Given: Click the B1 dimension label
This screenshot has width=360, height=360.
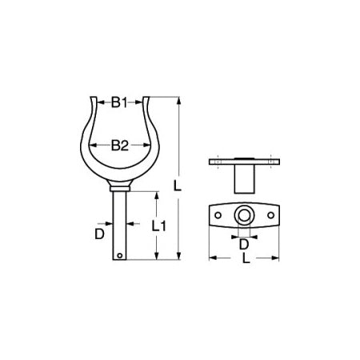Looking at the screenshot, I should coord(119,102).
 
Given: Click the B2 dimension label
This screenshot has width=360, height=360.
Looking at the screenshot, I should coord(119,146).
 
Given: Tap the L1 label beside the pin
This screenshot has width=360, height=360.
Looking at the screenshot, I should coord(158,226).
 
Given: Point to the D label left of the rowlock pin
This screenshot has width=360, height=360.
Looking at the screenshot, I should coord(99,234).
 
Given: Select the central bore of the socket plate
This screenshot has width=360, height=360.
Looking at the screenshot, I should coord(244,214).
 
